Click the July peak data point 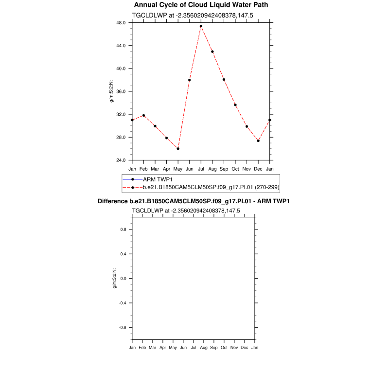tap(201, 26)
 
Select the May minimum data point tap(178, 148)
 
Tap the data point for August tap(212, 52)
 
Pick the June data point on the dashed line tap(190, 80)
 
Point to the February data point tap(143, 115)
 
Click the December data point tap(258, 141)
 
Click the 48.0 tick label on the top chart tap(121, 23)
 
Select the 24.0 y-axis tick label tap(121, 160)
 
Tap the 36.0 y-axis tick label tap(121, 91)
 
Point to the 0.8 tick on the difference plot tap(123, 230)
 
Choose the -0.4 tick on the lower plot tap(122, 303)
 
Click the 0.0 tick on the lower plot tap(123, 279)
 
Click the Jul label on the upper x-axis tap(201, 169)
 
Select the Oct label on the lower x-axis tap(224, 348)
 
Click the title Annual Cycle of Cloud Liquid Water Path tap(201, 5)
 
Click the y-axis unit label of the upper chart tap(111, 91)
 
